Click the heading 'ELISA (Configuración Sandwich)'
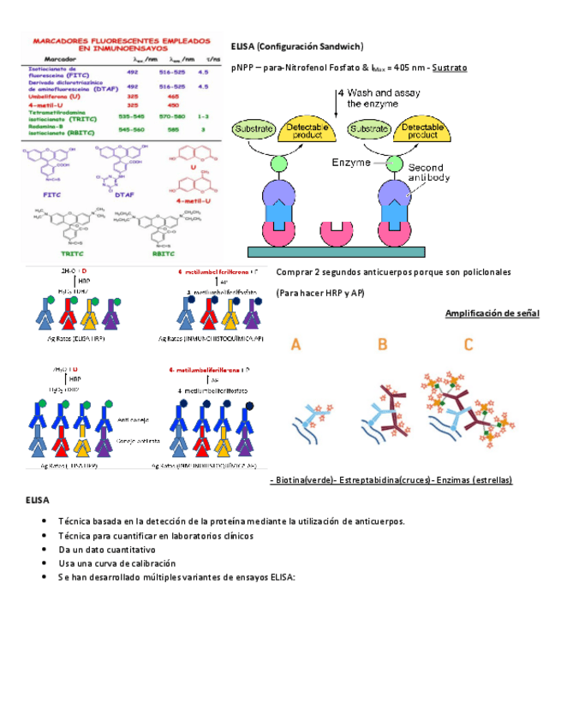(x=297, y=46)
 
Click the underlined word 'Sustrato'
(x=450, y=67)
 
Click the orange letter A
(x=295, y=345)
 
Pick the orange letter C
(x=468, y=345)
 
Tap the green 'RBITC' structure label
(x=163, y=253)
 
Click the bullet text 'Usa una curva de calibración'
(x=116, y=563)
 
